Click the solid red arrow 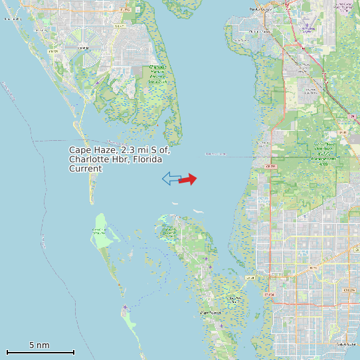[x=189, y=179]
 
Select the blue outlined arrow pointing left [x=171, y=178]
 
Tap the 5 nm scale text [x=39, y=345]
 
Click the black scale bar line [x=40, y=352]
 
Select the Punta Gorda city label [x=261, y=9]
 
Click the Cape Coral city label [x=346, y=344]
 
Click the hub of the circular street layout [x=83, y=48]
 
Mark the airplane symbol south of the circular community [x=97, y=82]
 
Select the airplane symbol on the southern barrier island [x=125, y=307]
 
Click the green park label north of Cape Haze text [x=157, y=74]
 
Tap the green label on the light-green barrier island [x=98, y=231]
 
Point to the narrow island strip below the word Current [x=92, y=189]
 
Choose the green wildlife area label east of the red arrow [x=325, y=152]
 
